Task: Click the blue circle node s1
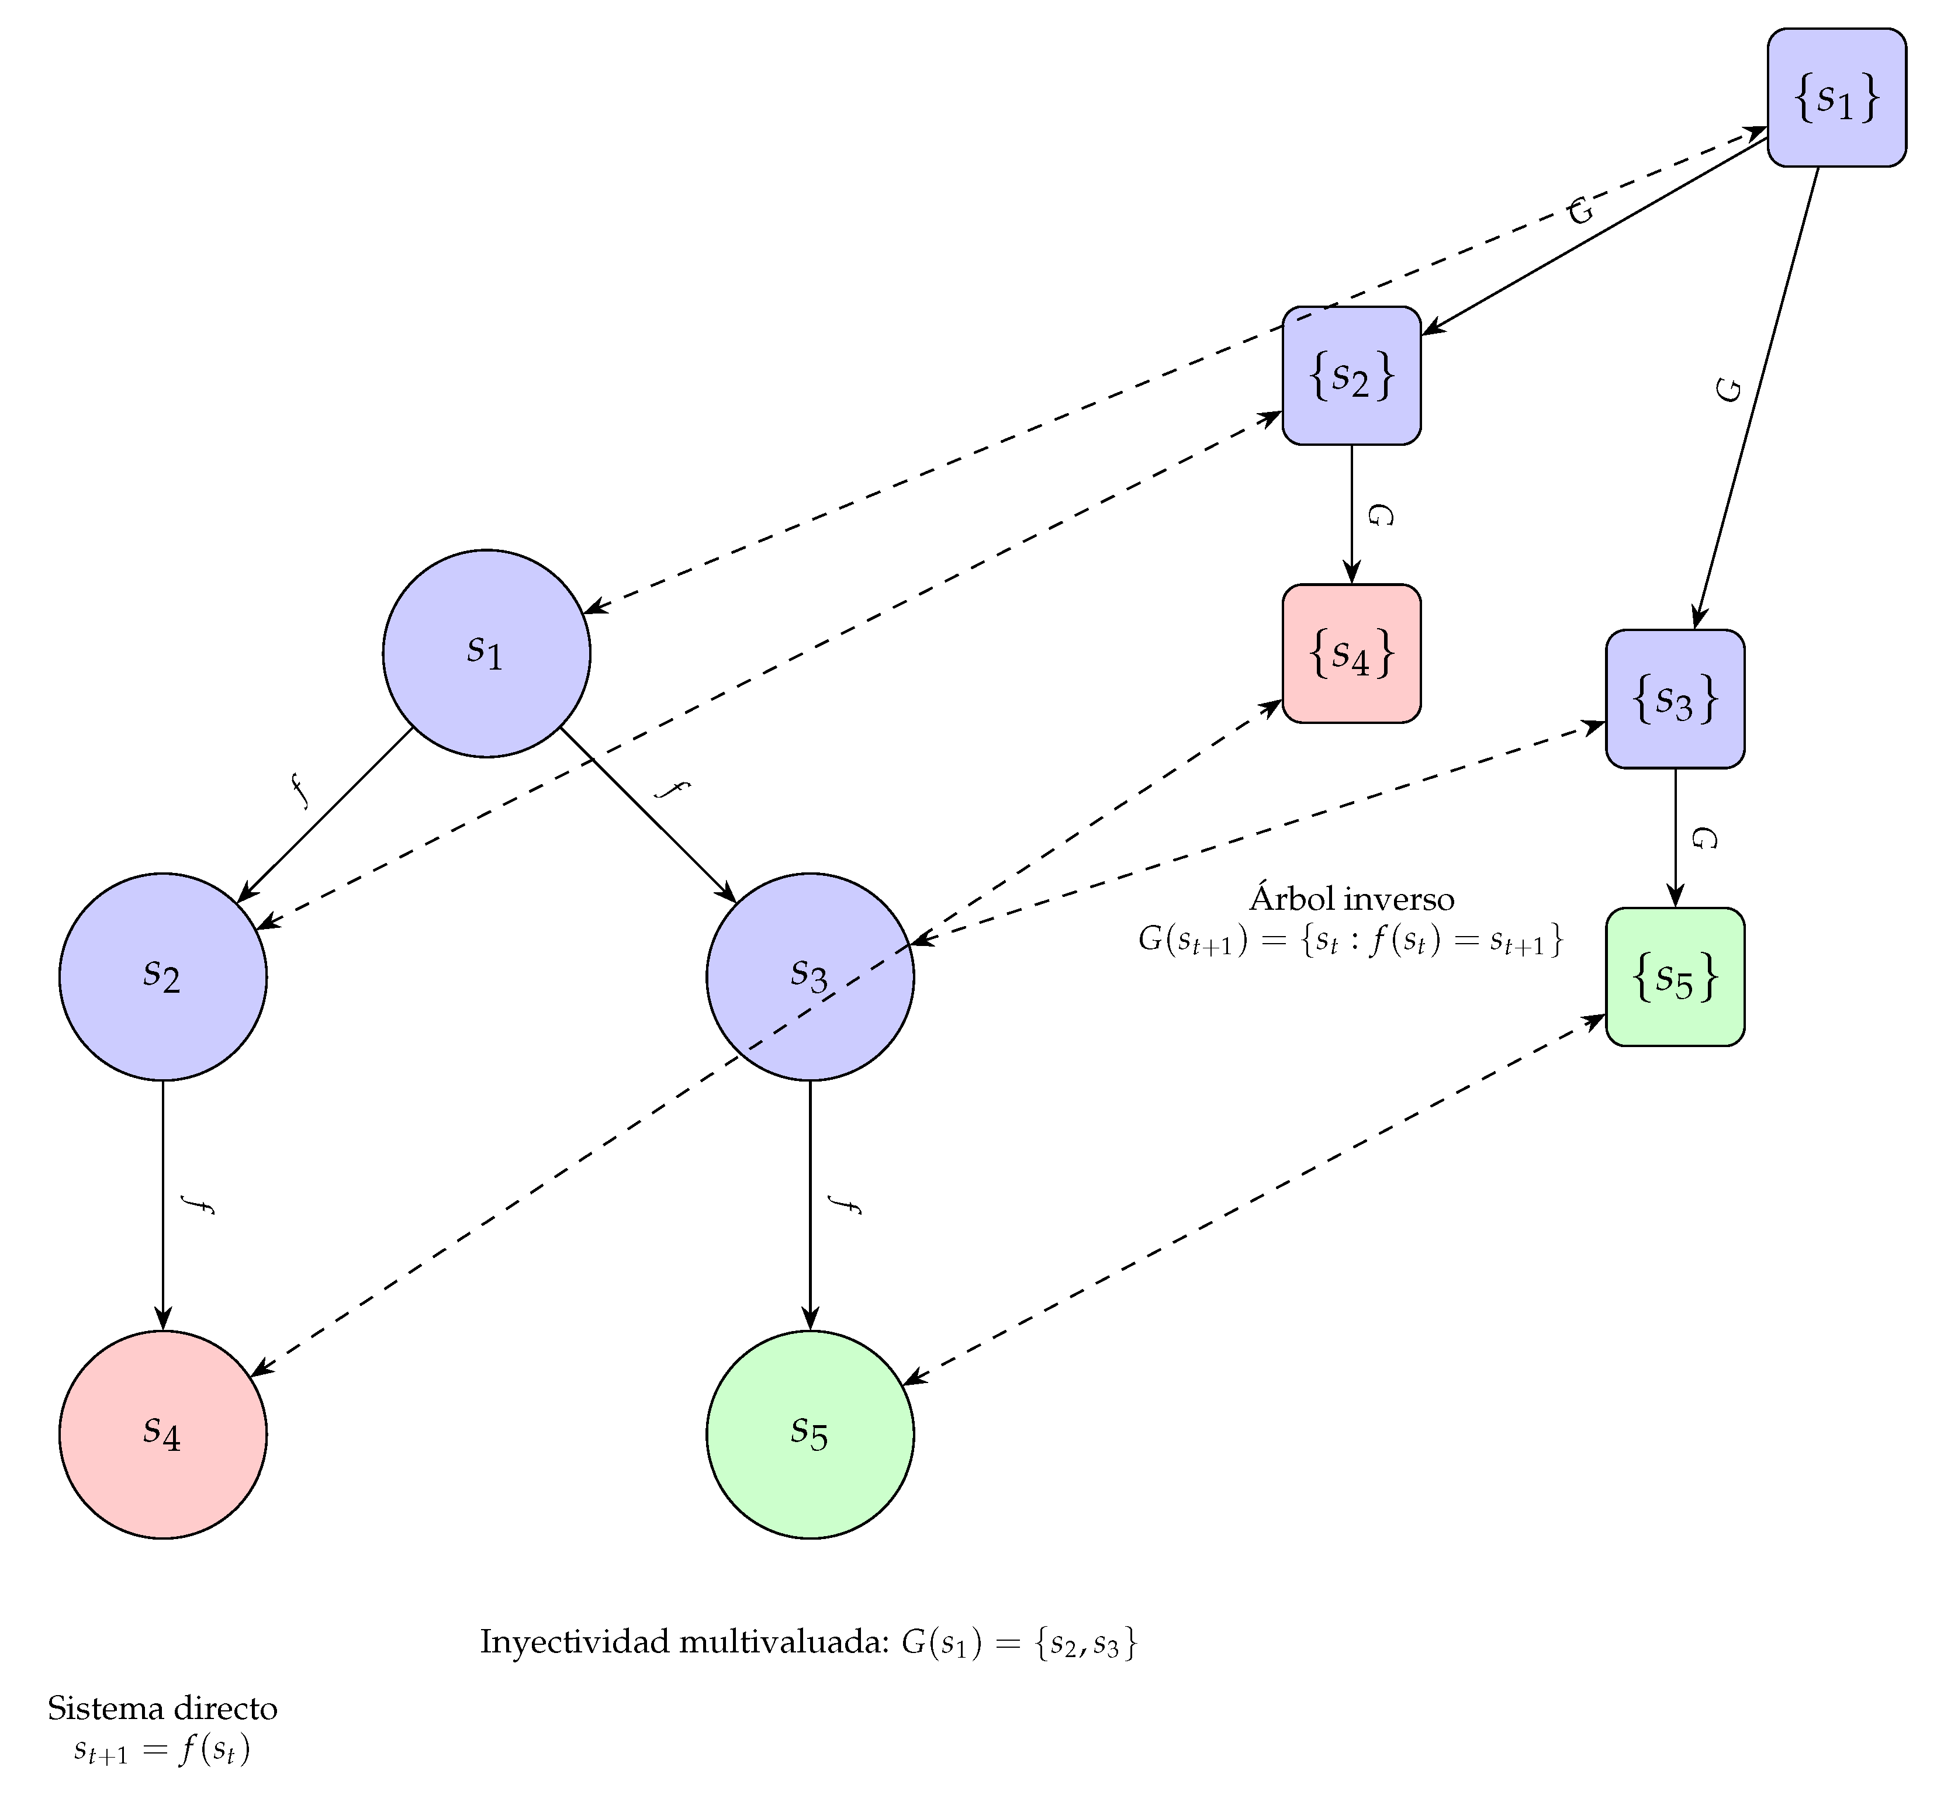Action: pos(486,653)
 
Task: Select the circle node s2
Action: pos(162,976)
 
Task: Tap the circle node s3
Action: pos(810,976)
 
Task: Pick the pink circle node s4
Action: pos(162,1434)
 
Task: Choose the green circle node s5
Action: pos(810,1434)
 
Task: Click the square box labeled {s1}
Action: pos(1835,97)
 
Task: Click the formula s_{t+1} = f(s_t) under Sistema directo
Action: pos(162,1751)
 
